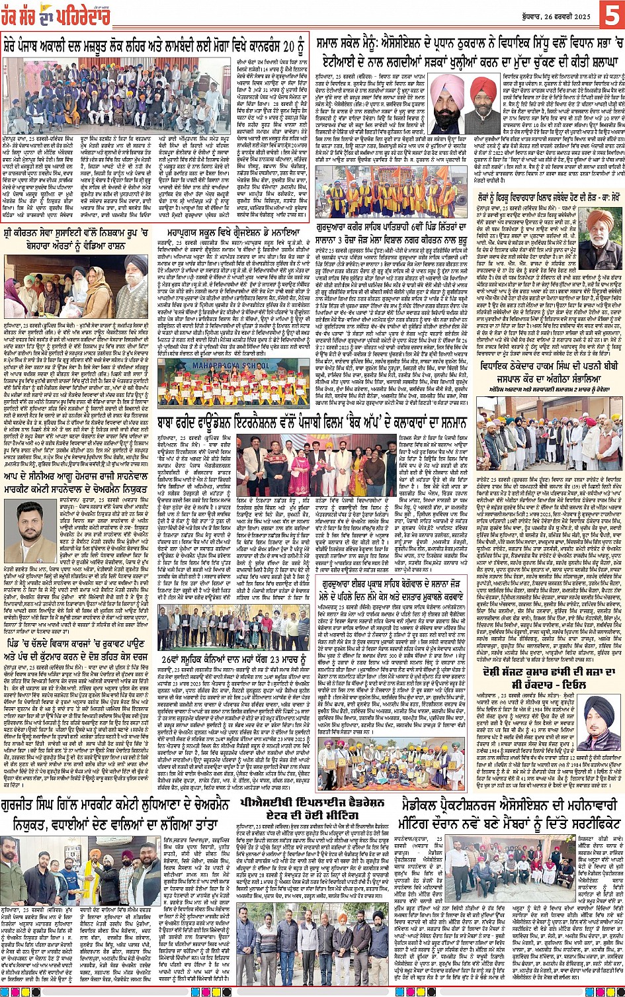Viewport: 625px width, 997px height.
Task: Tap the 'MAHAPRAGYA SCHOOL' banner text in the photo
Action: (223, 363)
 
